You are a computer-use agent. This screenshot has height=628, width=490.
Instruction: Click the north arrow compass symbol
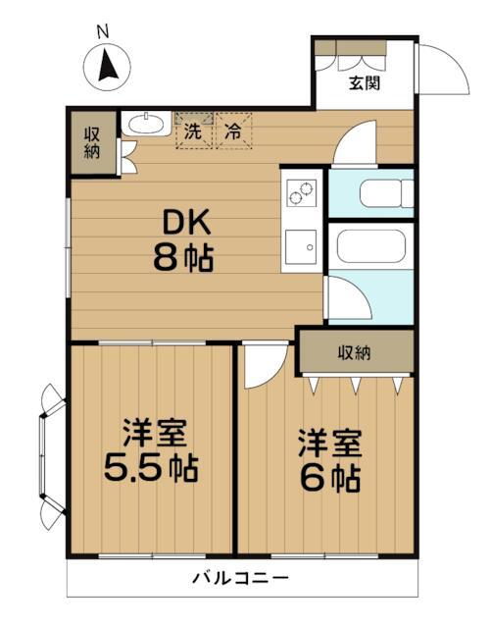click(107, 67)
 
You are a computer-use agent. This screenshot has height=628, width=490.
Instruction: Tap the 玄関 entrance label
click(365, 82)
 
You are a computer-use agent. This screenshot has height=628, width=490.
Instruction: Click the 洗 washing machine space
click(194, 131)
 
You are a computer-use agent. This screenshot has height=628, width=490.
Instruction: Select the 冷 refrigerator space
click(233, 131)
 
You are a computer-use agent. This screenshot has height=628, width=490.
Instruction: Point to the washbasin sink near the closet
click(146, 123)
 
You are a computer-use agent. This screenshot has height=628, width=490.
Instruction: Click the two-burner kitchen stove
click(301, 193)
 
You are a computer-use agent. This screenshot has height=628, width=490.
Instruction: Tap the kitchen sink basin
click(301, 246)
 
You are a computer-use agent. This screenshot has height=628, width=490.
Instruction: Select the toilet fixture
click(386, 193)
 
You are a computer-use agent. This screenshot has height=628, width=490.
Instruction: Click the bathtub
click(371, 246)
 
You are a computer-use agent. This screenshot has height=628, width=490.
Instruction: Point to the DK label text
click(187, 223)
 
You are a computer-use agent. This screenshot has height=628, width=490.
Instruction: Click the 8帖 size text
click(183, 257)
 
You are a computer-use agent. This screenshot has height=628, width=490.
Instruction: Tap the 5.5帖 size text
click(151, 468)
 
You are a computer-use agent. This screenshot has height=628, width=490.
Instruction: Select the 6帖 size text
click(330, 478)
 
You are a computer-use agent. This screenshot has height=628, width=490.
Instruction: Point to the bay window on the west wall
click(53, 456)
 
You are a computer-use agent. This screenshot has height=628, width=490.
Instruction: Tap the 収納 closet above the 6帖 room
click(355, 352)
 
